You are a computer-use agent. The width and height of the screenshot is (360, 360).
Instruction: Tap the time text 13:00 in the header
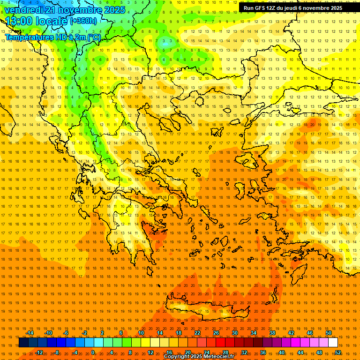pos(18,21)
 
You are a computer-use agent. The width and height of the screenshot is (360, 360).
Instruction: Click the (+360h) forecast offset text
pos(83,21)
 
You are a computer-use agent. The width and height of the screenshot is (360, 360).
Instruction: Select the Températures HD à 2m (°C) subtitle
pos(52,37)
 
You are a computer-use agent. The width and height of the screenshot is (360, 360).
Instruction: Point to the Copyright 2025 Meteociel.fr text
pos(199,357)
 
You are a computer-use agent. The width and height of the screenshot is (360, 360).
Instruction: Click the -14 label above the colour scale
pos(30,333)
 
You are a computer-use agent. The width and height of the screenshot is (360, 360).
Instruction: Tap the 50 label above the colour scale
pos(329,333)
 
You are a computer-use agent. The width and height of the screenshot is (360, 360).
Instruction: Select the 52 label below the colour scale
pos(338,352)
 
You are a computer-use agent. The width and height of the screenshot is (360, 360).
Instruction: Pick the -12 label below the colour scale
pos(39,352)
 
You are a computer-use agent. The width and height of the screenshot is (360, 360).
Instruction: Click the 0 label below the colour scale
pos(93,352)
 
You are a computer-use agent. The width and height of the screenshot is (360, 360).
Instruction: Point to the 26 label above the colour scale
pos(216,333)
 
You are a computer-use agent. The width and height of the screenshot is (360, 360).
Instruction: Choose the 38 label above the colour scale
pos(272,333)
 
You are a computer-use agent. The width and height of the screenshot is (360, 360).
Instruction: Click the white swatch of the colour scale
pos(333,343)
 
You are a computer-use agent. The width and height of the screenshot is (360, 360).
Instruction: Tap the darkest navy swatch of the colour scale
pos(23,343)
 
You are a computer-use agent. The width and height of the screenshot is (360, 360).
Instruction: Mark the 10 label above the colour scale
pos(141,333)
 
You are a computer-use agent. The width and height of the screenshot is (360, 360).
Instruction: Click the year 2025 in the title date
pos(114,10)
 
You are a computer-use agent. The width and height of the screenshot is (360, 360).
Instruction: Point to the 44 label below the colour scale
pos(300,352)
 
